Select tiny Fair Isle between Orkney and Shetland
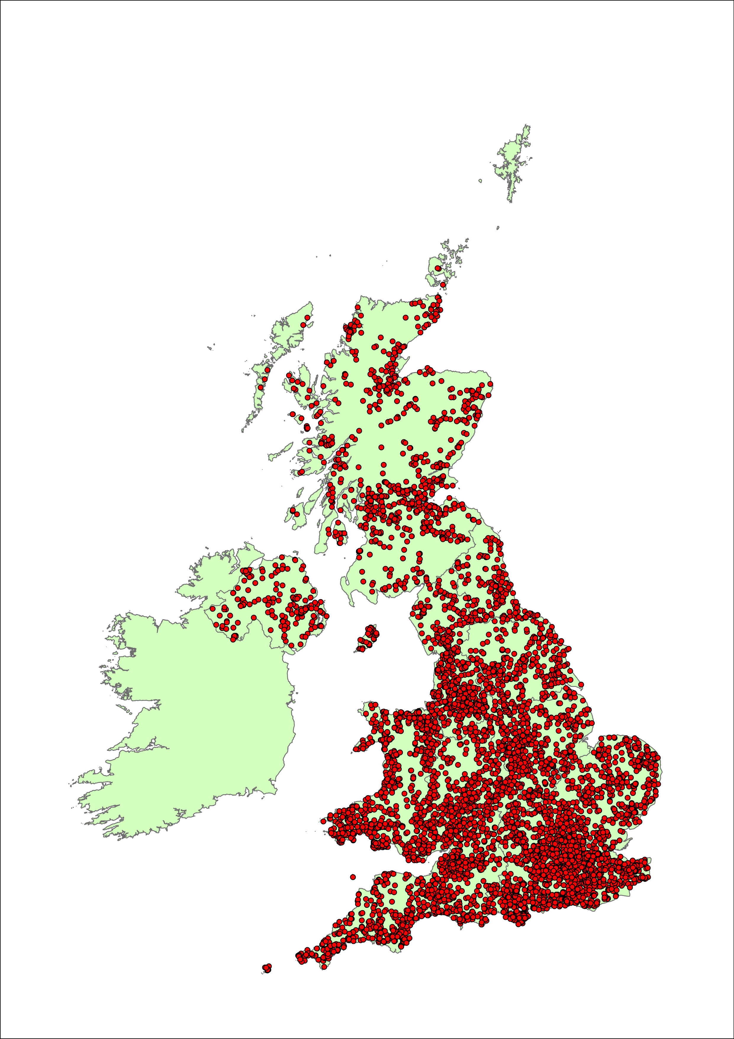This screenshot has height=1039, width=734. coord(498,228)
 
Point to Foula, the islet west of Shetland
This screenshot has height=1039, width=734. coord(480,181)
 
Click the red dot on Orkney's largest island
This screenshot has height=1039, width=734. coord(438,268)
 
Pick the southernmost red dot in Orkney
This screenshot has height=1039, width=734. coord(443,285)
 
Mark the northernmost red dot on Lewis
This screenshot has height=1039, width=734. coord(308,318)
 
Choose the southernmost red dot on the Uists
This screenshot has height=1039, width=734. coord(260,387)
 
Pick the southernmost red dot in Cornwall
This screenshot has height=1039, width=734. coord(324,967)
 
